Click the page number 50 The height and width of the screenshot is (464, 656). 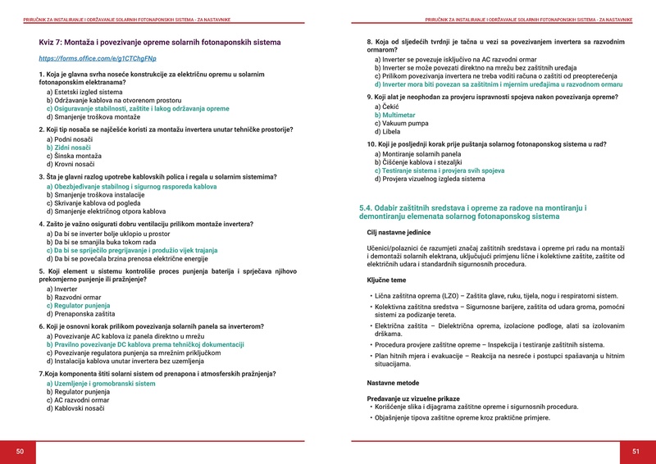click(x=20, y=451)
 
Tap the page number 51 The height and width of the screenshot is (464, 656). click(x=635, y=451)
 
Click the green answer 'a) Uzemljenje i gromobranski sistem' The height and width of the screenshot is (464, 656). click(x=101, y=384)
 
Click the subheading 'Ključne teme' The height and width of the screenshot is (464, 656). click(x=389, y=280)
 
